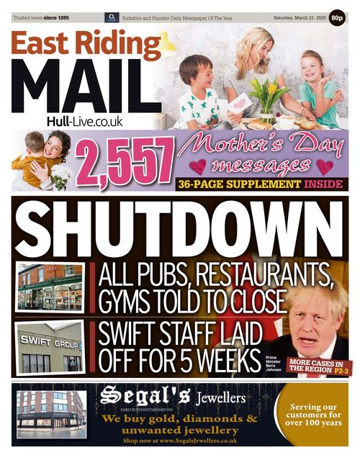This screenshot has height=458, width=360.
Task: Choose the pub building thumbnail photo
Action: [49, 287]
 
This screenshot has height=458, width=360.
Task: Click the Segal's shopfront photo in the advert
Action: [51, 413]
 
